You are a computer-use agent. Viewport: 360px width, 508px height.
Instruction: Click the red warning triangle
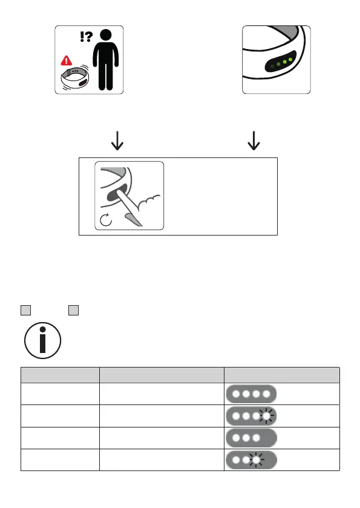(67, 61)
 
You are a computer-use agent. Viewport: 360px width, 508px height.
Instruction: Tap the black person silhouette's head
(106, 35)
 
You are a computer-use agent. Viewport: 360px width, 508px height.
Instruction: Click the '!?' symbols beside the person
(86, 36)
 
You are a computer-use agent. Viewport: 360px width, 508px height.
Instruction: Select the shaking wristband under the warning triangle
(75, 78)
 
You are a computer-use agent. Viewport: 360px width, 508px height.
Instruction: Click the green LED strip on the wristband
(281, 62)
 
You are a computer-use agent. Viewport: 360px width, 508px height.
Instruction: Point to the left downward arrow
(117, 140)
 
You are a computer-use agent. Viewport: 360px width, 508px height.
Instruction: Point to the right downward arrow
(254, 140)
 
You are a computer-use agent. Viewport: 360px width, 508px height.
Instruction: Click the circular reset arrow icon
(106, 220)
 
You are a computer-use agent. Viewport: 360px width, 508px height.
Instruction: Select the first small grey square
(26, 310)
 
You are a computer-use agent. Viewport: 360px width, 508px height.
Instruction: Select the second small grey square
(73, 310)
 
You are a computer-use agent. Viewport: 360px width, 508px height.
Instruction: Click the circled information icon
(43, 340)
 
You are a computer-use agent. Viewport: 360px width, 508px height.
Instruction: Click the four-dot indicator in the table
(251, 394)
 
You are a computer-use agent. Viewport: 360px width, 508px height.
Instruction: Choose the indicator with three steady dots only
(251, 438)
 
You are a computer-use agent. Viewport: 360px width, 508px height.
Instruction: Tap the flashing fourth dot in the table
(266, 416)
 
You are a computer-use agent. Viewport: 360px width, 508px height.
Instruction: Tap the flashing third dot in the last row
(257, 460)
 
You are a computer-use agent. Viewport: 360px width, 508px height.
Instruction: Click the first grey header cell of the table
(60, 375)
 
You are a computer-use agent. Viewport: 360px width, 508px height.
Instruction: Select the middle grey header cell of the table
(162, 375)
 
